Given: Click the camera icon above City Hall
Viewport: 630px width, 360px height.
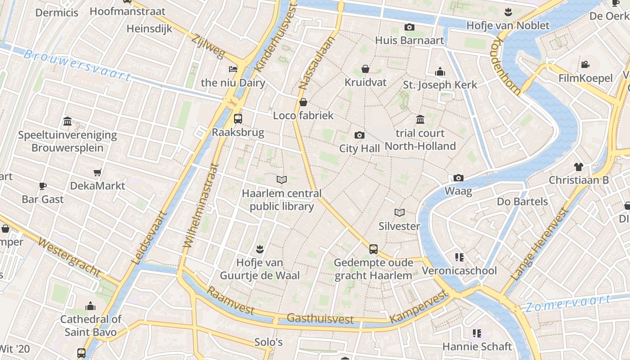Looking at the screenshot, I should point(359,135).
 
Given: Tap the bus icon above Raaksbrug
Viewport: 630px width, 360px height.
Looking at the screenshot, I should point(238,119).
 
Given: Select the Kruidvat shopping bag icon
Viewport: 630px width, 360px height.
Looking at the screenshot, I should point(365,69).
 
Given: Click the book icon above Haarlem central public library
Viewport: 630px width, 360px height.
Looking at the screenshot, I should point(282,180).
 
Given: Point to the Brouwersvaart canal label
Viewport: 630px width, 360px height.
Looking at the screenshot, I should point(76,66).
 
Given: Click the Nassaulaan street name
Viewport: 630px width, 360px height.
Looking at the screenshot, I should point(317,63).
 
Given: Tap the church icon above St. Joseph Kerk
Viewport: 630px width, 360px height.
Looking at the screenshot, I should point(440,72).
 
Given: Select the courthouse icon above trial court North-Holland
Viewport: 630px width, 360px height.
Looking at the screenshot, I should point(420,119).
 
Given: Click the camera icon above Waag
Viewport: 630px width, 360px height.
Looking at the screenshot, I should point(459,178).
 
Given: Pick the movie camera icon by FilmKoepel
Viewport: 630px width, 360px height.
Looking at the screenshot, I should point(585,64).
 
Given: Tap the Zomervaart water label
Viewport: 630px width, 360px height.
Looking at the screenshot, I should point(568,304).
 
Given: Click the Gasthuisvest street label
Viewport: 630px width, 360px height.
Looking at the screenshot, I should point(320,319).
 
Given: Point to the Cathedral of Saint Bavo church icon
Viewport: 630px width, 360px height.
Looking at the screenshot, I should point(90,306).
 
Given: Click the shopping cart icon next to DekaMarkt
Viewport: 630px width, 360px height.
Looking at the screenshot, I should point(97,172).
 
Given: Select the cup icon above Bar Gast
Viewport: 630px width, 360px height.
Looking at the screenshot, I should point(43,185).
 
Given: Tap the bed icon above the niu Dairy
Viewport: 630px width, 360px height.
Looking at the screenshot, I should point(233,69).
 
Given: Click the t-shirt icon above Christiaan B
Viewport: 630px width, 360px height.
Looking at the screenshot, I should point(578,167).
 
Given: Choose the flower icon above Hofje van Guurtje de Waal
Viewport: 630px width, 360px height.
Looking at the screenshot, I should point(259,248).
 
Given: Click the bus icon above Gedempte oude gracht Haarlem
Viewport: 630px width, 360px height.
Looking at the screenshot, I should point(373,249).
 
